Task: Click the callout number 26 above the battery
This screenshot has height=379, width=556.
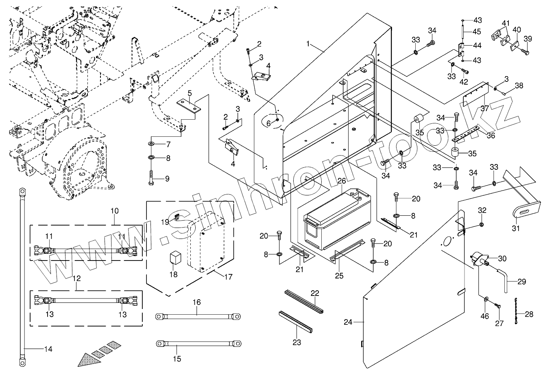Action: tap(341, 180)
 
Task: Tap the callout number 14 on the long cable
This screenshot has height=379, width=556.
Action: tap(48, 349)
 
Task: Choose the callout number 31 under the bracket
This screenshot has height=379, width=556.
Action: tap(516, 228)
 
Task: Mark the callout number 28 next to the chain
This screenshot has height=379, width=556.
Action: tap(529, 314)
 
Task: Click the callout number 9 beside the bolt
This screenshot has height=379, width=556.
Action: tap(167, 179)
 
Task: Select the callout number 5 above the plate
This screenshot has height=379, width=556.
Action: tap(190, 93)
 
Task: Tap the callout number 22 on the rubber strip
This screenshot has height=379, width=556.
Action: tap(315, 293)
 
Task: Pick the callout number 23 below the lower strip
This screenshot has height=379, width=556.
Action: tap(297, 342)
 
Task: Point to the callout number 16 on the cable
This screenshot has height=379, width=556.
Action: tap(197, 302)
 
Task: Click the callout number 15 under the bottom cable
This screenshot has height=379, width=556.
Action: tap(177, 359)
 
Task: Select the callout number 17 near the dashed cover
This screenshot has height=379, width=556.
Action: tap(228, 277)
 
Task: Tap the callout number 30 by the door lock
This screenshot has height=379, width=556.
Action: tap(502, 259)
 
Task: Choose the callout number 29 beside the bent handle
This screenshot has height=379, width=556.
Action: tap(521, 281)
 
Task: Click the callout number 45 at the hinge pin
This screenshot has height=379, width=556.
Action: tap(477, 32)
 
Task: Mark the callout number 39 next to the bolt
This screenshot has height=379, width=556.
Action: tap(528, 39)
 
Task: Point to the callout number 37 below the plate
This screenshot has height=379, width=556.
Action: tap(484, 108)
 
